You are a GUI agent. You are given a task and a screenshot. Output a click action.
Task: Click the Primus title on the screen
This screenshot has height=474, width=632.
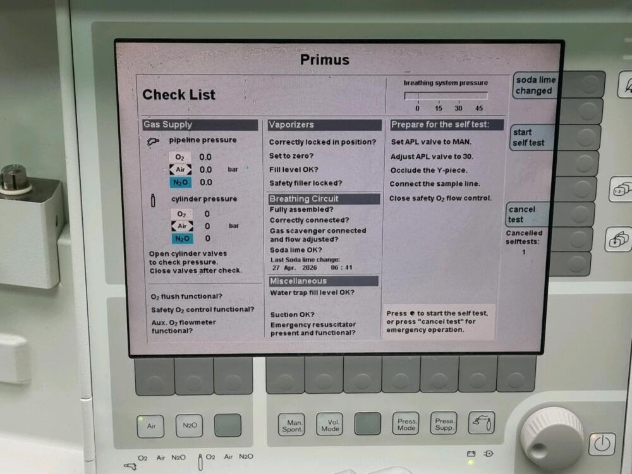coord(324,59)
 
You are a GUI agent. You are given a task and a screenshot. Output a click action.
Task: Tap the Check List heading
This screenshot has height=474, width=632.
coord(179,95)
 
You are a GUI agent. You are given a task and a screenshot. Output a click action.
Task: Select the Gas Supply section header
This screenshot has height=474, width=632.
coord(200,125)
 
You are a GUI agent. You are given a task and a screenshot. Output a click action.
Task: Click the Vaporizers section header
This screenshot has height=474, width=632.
coord(324,125)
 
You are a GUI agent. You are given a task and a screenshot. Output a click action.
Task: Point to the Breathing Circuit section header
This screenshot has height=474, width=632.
coord(324,198)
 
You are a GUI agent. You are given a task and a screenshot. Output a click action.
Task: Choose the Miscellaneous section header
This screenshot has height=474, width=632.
coord(324,281)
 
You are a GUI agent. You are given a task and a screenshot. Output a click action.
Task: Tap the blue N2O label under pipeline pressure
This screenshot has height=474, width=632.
coord(180,183)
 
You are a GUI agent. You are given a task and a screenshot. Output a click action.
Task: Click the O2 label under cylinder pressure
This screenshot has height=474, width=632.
coord(181,214)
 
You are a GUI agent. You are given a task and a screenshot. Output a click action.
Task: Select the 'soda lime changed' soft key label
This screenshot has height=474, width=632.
coord(536,85)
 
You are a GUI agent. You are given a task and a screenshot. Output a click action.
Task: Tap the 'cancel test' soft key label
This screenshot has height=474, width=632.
coord(523,214)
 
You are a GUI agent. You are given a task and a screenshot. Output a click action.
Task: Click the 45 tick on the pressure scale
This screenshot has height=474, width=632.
coord(479,108)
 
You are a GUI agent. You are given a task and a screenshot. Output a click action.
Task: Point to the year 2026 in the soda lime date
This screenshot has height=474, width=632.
coord(310,267)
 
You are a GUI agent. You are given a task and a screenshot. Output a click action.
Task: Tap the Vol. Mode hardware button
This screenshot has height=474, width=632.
coord(330,425)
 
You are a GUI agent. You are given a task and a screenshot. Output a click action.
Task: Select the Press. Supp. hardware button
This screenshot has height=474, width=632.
coord(444,424)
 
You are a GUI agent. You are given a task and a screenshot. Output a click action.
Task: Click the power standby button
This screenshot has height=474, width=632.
coord(602,444)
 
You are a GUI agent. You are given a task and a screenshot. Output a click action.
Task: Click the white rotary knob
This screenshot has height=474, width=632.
coord(552,437)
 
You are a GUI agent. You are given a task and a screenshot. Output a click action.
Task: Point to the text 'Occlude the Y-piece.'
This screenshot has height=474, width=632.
coord(429,170)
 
